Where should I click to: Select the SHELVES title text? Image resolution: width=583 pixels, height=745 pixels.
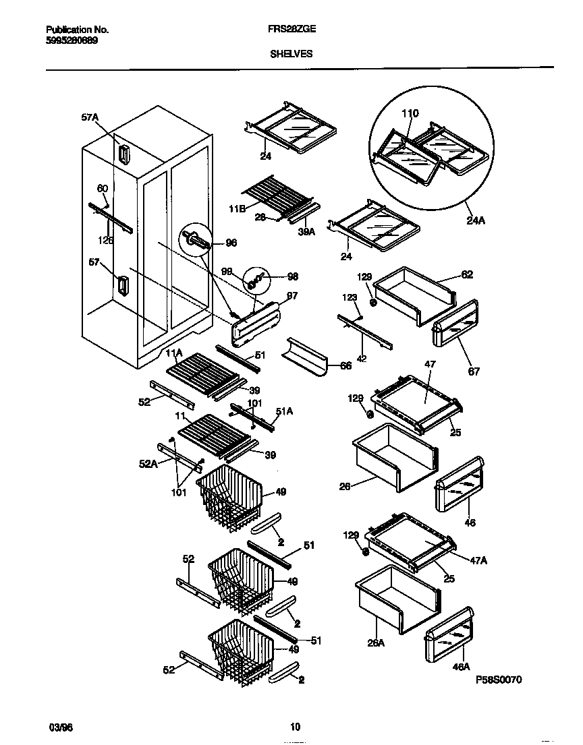pos(291,53)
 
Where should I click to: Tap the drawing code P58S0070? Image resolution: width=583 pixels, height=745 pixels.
pos(498,681)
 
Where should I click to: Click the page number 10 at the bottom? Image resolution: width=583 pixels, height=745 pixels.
pos(295,727)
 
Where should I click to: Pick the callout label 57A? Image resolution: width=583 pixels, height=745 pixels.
pos(90,117)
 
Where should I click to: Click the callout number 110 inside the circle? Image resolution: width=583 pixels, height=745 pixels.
pos(410,113)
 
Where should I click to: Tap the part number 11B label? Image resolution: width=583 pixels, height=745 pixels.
pos(237,210)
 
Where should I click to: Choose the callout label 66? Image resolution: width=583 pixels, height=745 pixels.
pos(345,365)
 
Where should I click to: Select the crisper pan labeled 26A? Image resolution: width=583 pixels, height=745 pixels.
pos(396,598)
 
